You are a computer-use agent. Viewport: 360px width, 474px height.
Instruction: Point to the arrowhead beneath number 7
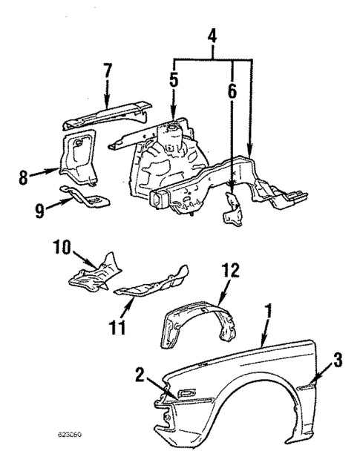pos(107,105)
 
